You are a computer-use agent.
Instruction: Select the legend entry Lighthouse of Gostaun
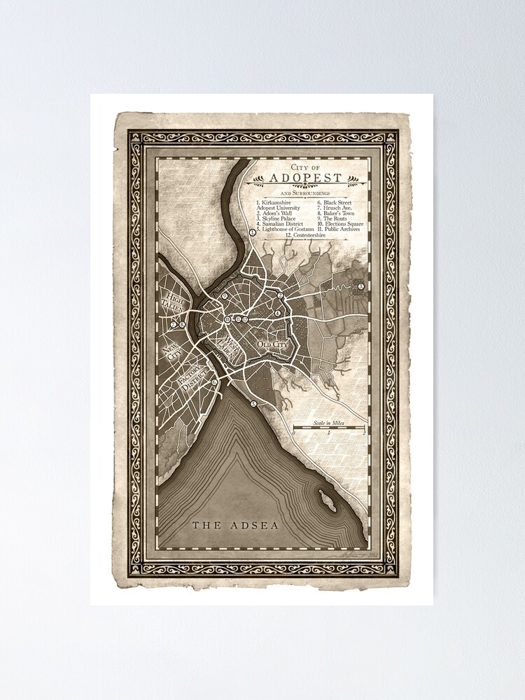coord(285,229)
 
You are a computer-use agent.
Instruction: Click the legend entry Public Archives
coord(342,229)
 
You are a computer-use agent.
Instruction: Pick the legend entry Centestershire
coord(309,236)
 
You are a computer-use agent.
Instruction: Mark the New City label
coord(171,348)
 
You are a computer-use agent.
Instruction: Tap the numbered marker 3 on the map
coord(361,286)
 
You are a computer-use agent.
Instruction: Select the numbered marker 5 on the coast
coord(254,404)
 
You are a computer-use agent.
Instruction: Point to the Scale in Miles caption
coord(329,418)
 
